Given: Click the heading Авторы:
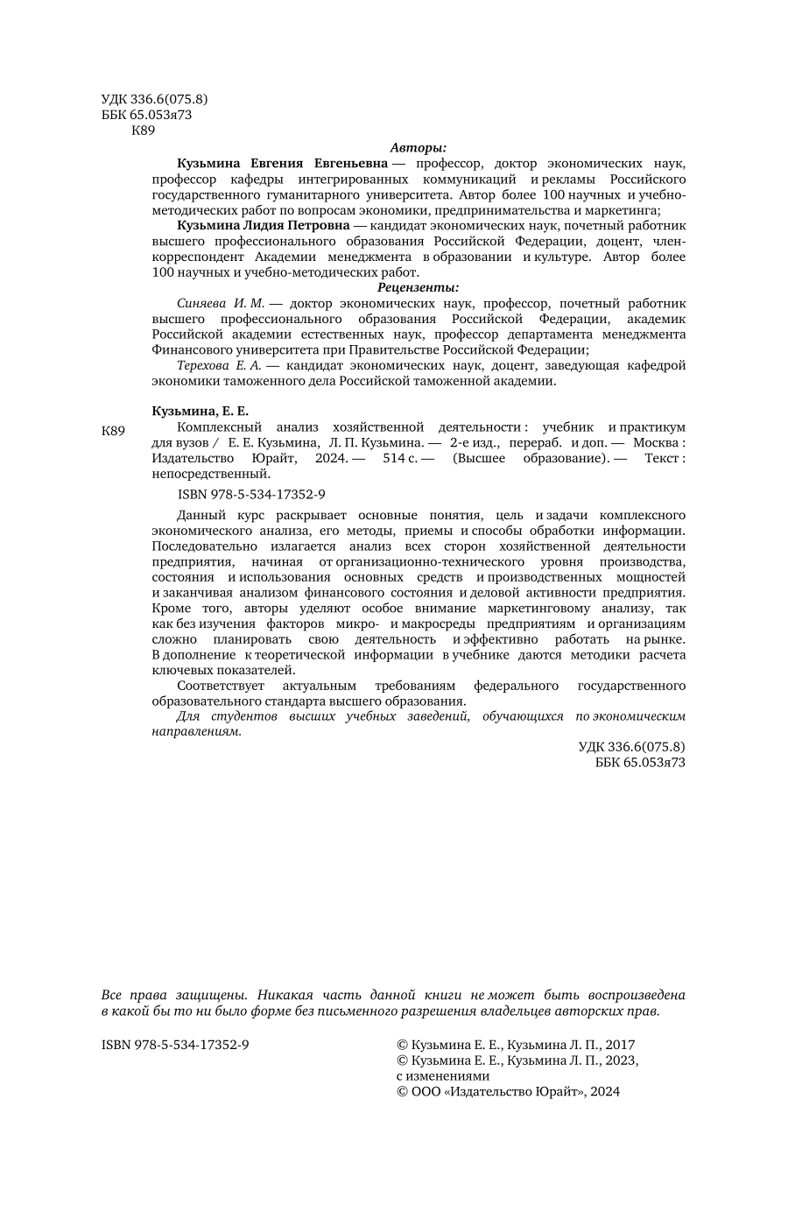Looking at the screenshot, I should [419, 148].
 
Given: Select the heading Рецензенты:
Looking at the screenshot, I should [419, 287].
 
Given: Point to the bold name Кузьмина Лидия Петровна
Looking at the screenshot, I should [263, 225].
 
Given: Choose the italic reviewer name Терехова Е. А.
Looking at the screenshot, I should [219, 365].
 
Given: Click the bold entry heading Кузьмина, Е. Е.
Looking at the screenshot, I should [201, 411].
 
